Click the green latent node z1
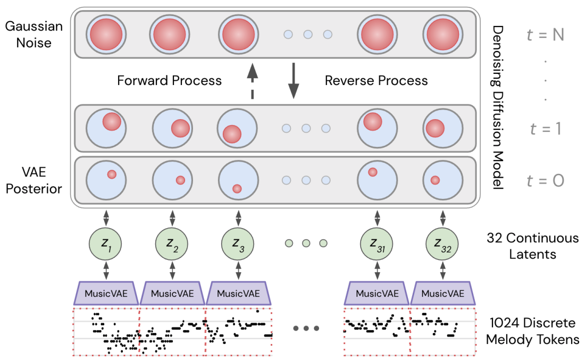pos(105,244)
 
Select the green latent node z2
pos(172,244)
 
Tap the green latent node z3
pos(238,244)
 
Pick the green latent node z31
pos(376,244)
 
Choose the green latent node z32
pos(442,244)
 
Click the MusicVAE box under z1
pos(106,293)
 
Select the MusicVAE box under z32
pos(443,293)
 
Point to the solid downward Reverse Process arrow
pos(294,81)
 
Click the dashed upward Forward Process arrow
pos(253,81)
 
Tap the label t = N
pos(545,35)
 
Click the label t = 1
pos(545,129)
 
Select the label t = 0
pos(545,181)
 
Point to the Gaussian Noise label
pos(34,35)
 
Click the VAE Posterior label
pos(34,180)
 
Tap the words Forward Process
pos(169,81)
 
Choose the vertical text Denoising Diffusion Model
pos(497,107)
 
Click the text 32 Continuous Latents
pos(532,246)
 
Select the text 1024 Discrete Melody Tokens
pos(532,331)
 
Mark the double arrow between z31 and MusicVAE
pos(377,271)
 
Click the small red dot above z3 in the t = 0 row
pos(237,188)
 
